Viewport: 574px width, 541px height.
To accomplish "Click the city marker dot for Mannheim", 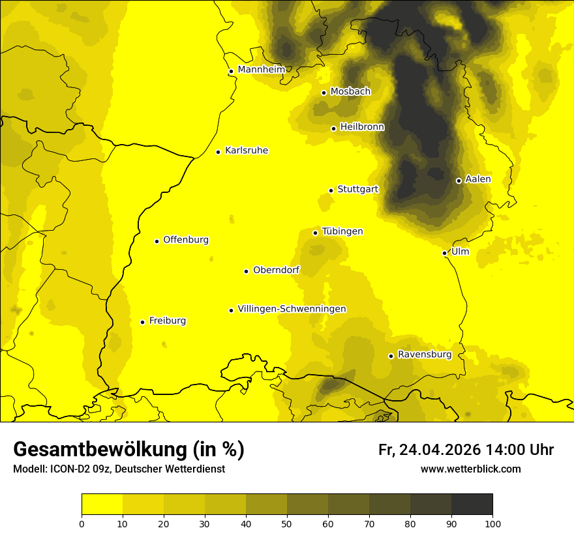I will (x=231, y=72).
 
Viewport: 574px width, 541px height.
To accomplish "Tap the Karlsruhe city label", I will (x=246, y=151).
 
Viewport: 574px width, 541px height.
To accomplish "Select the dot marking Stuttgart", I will (x=331, y=190).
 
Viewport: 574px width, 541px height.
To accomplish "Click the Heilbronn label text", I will (x=362, y=127).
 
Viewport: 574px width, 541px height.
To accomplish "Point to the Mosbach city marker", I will (x=324, y=93).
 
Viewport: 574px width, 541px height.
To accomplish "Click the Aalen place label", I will (x=477, y=179).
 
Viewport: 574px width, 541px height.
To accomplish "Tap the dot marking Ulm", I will (x=444, y=253).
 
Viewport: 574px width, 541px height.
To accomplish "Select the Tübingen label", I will (x=342, y=231).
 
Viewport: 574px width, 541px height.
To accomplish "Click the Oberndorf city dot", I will (x=246, y=271).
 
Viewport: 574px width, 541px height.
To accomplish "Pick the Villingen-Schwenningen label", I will (x=292, y=309).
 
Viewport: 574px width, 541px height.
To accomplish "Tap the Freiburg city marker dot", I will (x=142, y=322).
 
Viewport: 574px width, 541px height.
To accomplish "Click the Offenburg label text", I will (x=185, y=240).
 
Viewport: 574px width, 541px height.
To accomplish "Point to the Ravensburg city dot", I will (x=391, y=356).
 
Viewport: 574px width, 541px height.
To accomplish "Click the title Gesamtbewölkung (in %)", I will (x=128, y=449).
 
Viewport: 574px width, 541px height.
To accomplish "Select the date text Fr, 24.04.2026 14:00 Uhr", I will (x=466, y=450).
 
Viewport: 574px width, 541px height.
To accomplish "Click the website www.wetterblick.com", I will (x=470, y=469).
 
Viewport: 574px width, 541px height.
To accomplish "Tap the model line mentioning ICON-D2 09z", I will (x=119, y=469).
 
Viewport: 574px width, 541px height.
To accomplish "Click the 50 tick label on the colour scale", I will (x=287, y=523).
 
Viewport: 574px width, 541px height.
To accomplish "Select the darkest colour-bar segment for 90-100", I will (x=472, y=504).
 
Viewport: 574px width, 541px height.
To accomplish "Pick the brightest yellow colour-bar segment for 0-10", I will (x=102, y=504).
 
